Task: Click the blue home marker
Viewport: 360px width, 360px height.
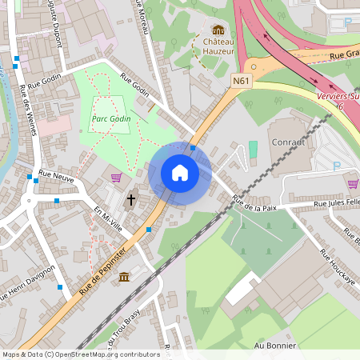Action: pyautogui.click(x=180, y=173)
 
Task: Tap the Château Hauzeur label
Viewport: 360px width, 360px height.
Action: pyautogui.click(x=218, y=46)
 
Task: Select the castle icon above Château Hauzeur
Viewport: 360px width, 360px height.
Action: pyautogui.click(x=218, y=30)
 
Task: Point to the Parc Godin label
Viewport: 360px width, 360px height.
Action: pyautogui.click(x=110, y=118)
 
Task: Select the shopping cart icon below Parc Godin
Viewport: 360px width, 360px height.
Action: pyautogui.click(x=117, y=178)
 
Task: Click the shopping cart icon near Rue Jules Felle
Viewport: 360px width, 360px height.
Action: pyautogui.click(x=353, y=183)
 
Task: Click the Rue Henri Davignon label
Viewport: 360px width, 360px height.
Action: pyautogui.click(x=28, y=284)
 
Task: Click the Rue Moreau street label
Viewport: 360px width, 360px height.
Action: pyautogui.click(x=144, y=16)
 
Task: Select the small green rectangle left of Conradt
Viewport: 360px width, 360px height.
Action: pyautogui.click(x=254, y=149)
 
